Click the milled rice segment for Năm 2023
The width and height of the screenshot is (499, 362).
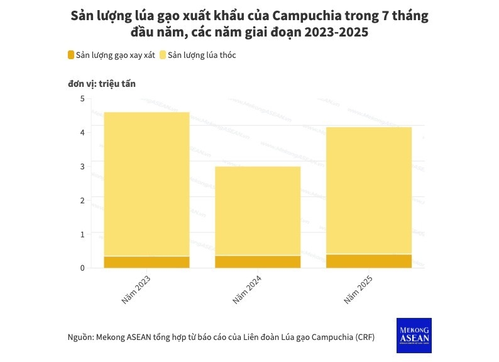146,262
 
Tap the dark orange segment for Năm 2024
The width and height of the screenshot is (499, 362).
258,261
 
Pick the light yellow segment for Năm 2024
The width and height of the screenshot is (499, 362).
258,211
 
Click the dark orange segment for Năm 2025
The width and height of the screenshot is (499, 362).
369,261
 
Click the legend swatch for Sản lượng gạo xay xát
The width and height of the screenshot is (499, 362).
71,55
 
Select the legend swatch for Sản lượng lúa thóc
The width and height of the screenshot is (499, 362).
163,55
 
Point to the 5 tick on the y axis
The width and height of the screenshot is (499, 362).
82,99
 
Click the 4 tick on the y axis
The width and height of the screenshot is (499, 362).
82,133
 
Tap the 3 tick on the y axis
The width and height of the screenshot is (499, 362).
82,167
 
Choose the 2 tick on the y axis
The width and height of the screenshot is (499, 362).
82,201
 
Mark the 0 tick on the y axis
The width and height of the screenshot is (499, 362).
82,268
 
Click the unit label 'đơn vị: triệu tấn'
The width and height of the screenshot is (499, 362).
101,83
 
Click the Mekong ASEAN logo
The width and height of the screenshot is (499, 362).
414,335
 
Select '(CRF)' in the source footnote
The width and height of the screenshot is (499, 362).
364,337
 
